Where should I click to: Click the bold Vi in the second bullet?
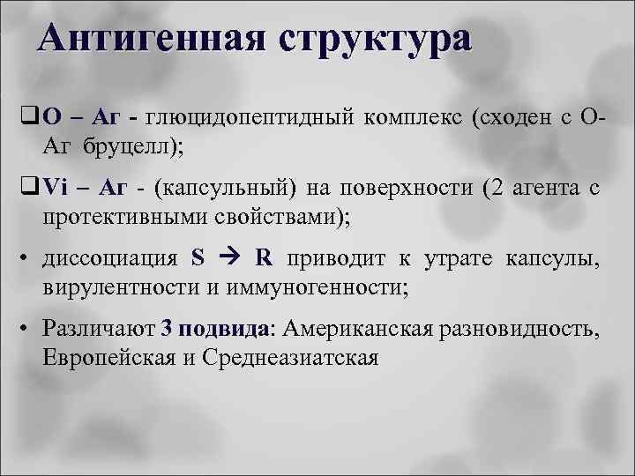click(x=55, y=188)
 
